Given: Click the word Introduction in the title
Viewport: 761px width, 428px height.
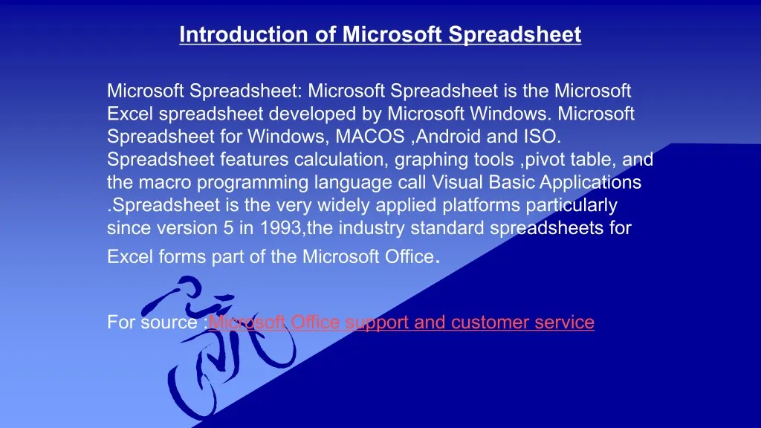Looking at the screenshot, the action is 244,34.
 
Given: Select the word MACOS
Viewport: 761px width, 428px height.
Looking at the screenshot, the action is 370,137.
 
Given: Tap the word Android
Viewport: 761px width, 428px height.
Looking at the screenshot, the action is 448,137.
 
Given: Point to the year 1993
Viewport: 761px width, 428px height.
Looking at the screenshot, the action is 280,227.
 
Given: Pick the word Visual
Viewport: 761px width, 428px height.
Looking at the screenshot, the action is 457,182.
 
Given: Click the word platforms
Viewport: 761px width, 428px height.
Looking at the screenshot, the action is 481,205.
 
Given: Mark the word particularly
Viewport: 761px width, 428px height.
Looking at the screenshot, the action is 571,205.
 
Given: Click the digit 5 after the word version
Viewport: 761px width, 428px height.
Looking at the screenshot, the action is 228,228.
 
